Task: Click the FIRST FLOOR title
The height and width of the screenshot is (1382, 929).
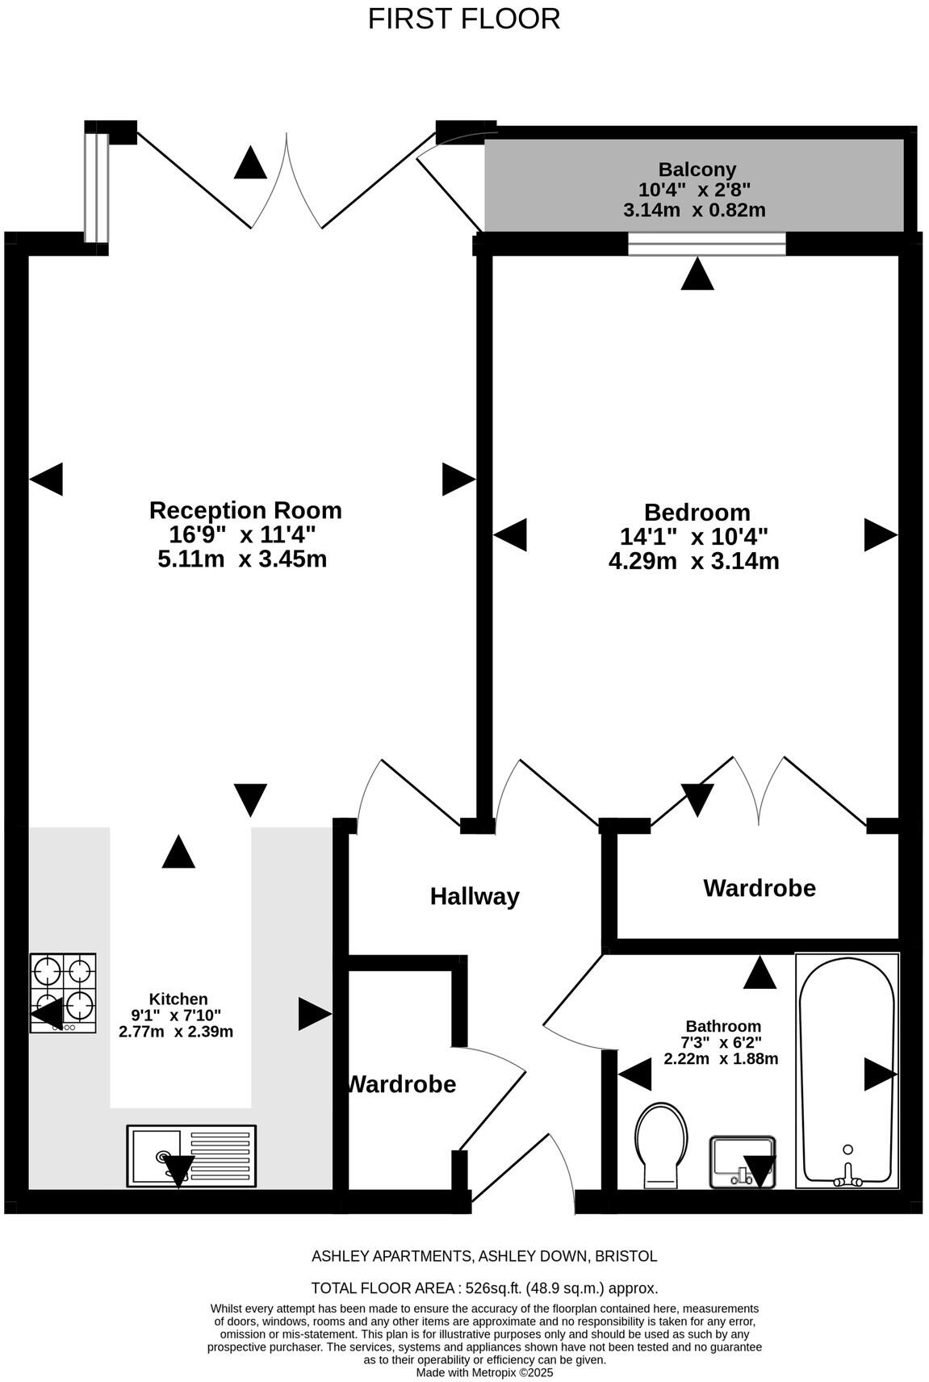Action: [x=464, y=19]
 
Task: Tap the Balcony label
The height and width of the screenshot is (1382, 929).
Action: [x=697, y=170]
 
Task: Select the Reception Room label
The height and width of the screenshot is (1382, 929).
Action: [x=245, y=510]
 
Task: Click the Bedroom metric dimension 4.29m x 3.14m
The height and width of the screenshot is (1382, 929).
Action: [x=693, y=561]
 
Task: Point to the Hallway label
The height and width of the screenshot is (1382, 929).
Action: [x=475, y=896]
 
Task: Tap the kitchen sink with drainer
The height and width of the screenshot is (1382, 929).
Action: [x=191, y=1156]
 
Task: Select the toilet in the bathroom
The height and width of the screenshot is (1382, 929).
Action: [x=662, y=1145]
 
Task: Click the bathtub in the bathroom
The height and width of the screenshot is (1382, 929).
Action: [x=847, y=1070]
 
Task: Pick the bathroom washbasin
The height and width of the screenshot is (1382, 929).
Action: [x=743, y=1162]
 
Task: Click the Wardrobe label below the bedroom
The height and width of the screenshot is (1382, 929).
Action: [x=760, y=888]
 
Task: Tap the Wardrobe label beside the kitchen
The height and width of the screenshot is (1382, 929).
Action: [x=401, y=1084]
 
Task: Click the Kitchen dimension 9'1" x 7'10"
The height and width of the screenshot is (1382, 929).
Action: [x=176, y=1016]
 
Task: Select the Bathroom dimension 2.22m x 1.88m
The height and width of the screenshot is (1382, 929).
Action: [x=721, y=1058]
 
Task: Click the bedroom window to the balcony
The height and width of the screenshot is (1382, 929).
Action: [x=707, y=244]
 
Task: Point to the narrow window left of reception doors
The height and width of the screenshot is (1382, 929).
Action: [x=96, y=187]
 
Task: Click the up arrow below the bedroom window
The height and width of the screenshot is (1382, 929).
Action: [x=697, y=274]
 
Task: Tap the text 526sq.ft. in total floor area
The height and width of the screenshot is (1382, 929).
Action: [x=493, y=1288]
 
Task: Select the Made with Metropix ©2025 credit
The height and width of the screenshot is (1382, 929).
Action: [x=484, y=1372]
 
